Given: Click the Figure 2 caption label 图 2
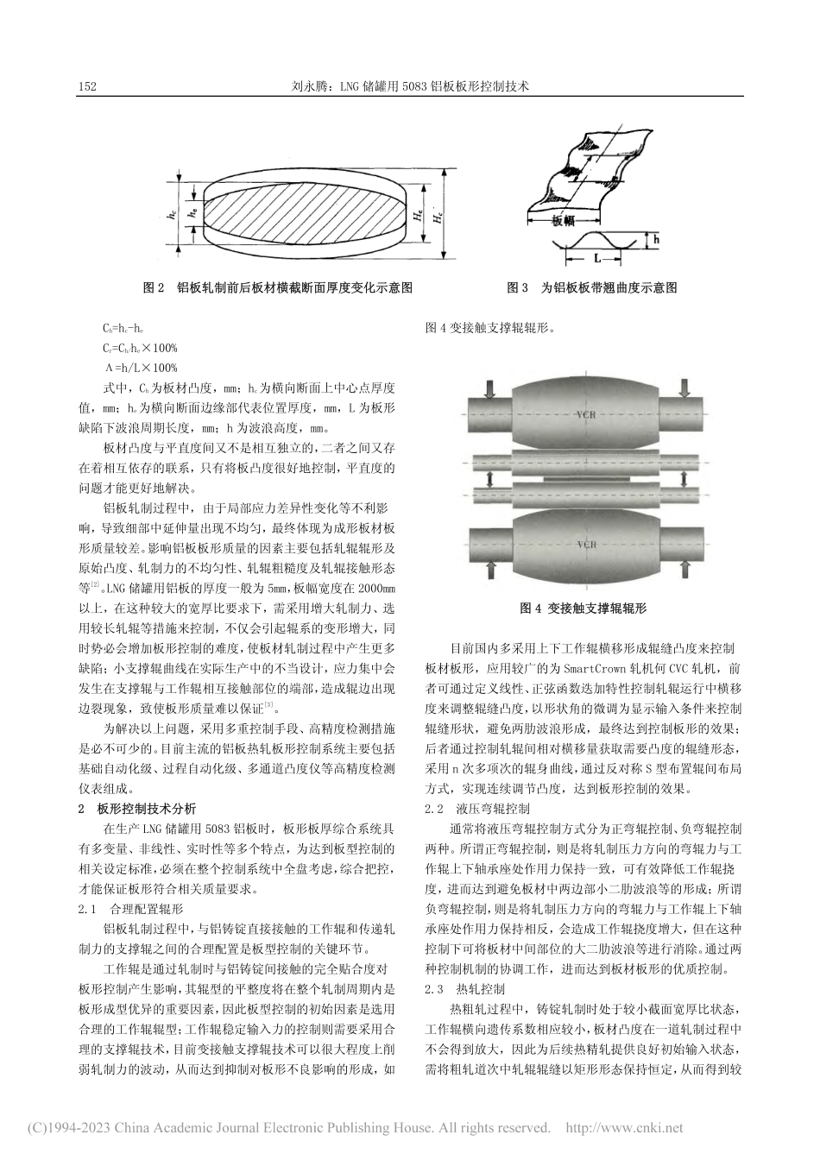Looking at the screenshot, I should pos(153,288).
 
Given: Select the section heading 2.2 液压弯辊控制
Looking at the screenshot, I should pos(478,810).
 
